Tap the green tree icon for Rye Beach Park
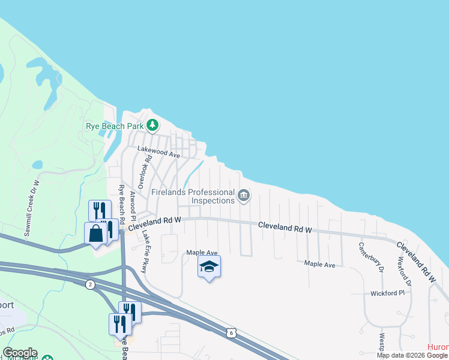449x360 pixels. pos(153,125)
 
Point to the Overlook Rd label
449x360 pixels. pos(143,172)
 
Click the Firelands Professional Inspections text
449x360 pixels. pos(192,196)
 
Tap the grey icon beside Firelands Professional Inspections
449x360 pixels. pos(244,196)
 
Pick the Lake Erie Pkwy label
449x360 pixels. pos(144,254)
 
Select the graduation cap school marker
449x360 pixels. pos(209,266)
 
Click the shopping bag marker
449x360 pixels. pos(96,234)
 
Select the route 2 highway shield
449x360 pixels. pos(90,284)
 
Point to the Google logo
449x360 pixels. pos(20,353)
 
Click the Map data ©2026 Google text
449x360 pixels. pos(412,355)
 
